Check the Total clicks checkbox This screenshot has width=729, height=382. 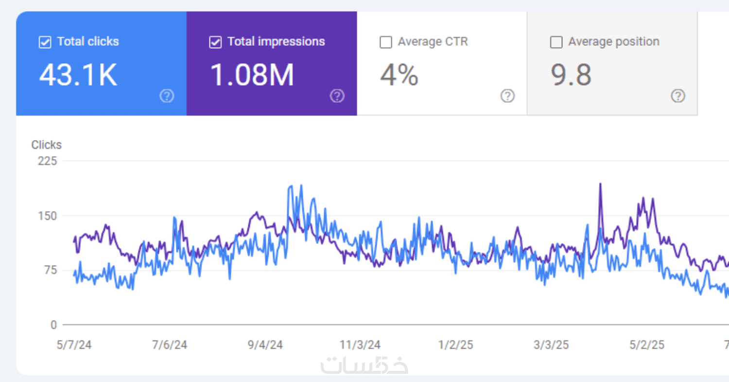click(45, 42)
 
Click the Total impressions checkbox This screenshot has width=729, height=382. click(215, 42)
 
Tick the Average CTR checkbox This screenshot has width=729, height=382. click(386, 42)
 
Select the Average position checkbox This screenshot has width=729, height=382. click(556, 42)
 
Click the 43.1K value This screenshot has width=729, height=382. click(78, 75)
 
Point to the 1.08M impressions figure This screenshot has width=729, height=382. click(252, 75)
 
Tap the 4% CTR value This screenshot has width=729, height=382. click(399, 75)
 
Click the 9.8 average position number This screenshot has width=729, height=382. click(571, 75)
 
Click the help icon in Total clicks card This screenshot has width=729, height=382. click(167, 96)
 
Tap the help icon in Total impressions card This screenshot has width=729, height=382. click(337, 96)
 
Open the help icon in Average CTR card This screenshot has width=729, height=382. click(507, 96)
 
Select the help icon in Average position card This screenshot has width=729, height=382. click(678, 96)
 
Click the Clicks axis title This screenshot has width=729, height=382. click(46, 145)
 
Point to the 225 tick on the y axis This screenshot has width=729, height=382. click(48, 161)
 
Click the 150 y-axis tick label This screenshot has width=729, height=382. click(48, 216)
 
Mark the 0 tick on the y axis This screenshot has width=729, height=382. click(54, 325)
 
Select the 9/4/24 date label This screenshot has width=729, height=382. click(265, 345)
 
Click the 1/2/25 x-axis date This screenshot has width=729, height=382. click(455, 345)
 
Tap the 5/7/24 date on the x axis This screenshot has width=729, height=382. click(74, 345)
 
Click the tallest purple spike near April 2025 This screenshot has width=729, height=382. click(601, 184)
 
